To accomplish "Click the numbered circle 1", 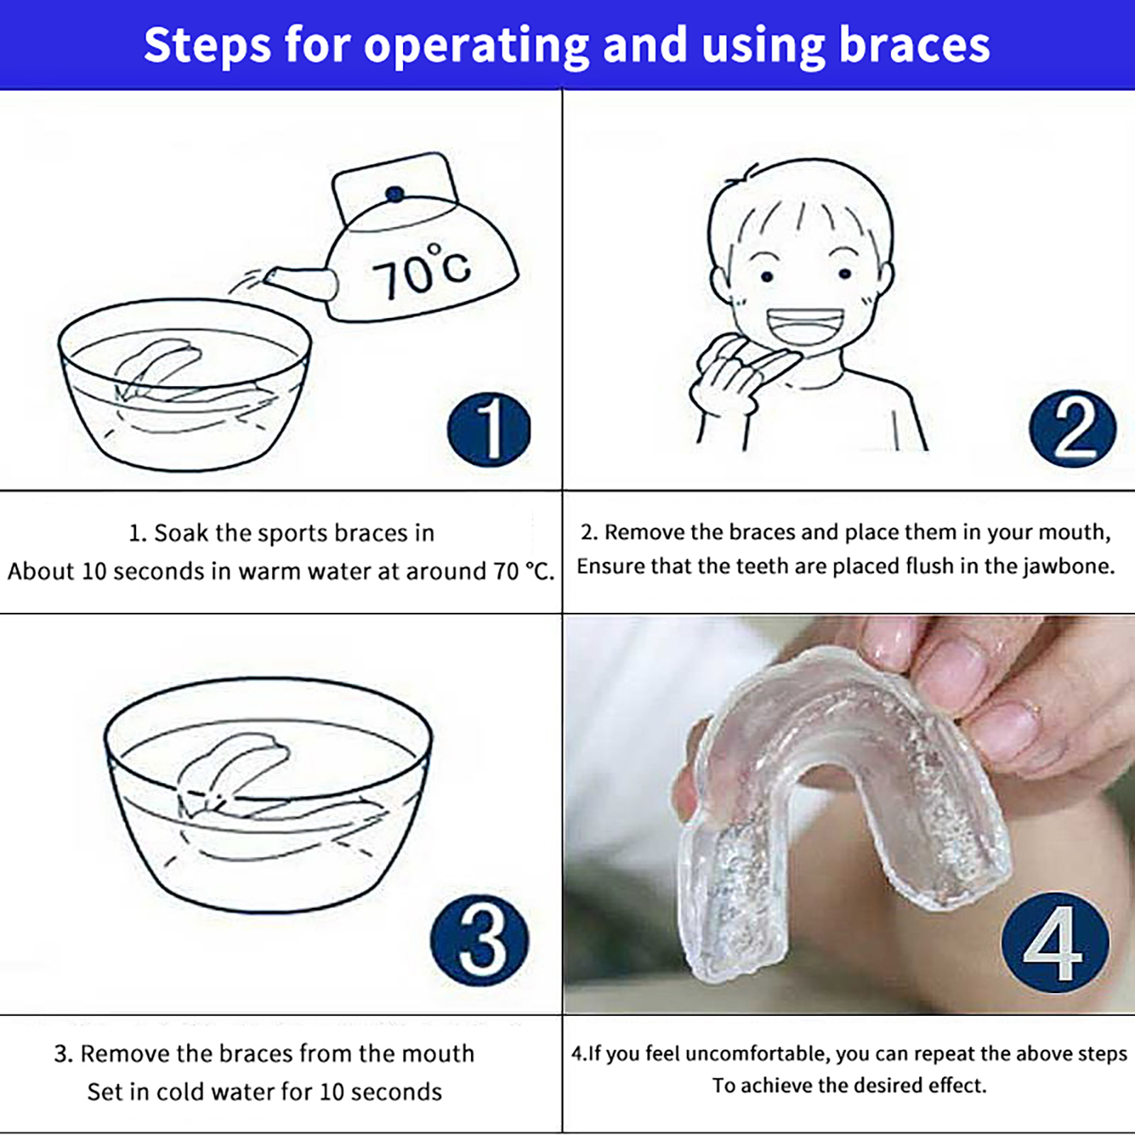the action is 489,430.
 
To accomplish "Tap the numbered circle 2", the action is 1073,428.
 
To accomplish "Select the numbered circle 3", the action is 480,940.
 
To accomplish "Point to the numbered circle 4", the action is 1055,941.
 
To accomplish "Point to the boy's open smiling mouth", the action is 805,327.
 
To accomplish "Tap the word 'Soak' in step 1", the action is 182,533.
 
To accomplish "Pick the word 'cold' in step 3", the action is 181,1092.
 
